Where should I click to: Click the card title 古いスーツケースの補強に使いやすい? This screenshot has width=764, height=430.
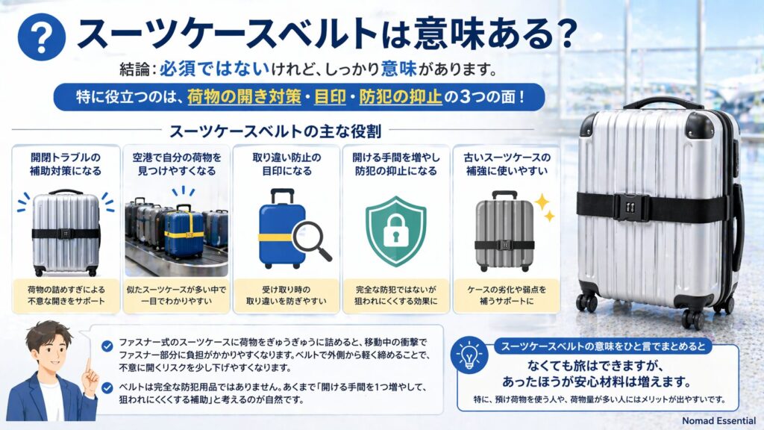(x=507, y=164)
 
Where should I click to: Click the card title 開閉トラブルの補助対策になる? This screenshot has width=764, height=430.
(x=66, y=164)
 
